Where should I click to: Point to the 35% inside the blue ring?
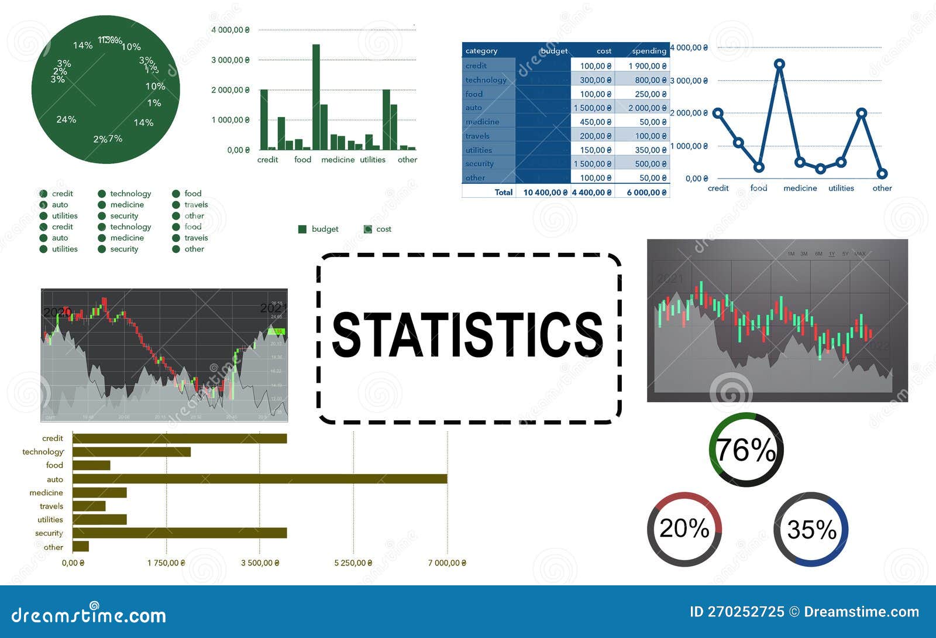[x=811, y=530]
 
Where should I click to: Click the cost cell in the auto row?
[x=592, y=108]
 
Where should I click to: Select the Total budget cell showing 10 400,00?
[x=544, y=192]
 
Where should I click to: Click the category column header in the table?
[x=481, y=51]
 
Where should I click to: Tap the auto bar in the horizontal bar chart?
[x=260, y=479]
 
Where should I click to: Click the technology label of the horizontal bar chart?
[x=43, y=452]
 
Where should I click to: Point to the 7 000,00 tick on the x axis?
[x=446, y=562]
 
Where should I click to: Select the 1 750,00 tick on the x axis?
[x=166, y=562]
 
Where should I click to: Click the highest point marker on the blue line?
[x=779, y=64]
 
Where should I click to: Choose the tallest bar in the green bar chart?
[x=316, y=97]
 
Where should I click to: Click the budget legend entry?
[x=319, y=229]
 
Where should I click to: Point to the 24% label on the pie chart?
[x=66, y=119]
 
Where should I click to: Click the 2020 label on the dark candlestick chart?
[x=57, y=312]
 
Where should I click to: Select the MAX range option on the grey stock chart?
[x=859, y=254]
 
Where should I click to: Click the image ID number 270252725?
[x=745, y=612]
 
